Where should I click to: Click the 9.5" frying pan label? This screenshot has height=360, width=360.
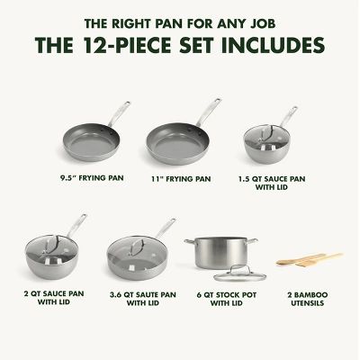click(x=92, y=178)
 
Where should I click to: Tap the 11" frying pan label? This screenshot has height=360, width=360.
click(x=181, y=179)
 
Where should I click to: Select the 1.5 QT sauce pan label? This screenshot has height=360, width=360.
click(x=272, y=183)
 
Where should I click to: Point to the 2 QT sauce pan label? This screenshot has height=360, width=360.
click(x=54, y=298)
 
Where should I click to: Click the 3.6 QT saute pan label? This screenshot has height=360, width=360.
click(x=143, y=299)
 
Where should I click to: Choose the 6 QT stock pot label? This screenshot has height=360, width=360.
click(x=227, y=299)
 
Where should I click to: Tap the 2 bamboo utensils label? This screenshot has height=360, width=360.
click(x=307, y=299)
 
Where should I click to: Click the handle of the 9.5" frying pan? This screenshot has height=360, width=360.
click(x=119, y=114)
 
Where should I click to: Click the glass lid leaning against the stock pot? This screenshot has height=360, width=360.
click(x=239, y=274)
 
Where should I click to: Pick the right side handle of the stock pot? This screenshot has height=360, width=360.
click(x=253, y=241)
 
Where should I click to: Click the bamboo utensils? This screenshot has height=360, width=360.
click(x=310, y=260)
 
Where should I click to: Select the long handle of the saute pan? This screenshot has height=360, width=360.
click(x=165, y=229)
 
